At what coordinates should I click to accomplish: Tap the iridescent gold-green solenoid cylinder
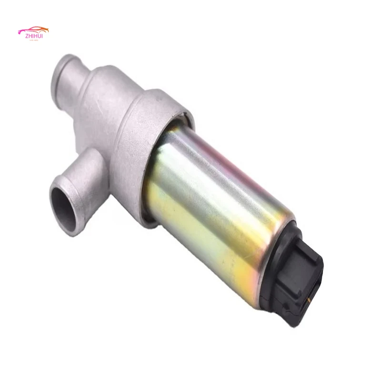coord(214,205)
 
